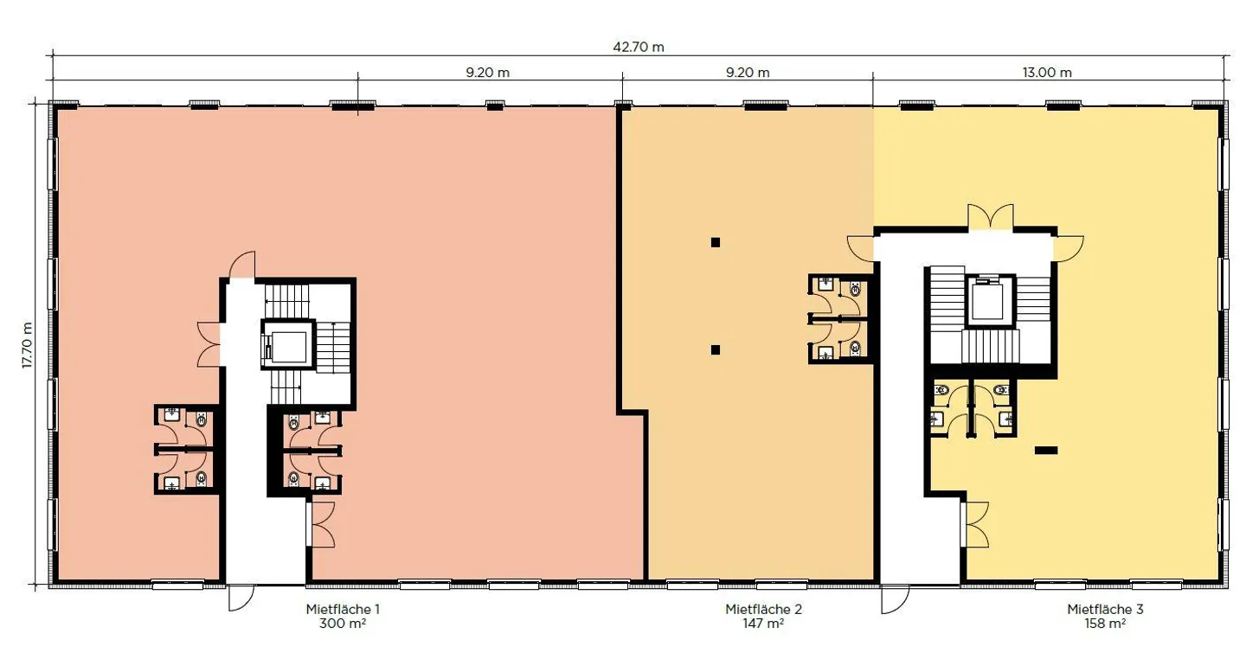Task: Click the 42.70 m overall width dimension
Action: coord(638,47)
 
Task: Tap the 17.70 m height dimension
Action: coord(28,344)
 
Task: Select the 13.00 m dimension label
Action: coord(1047,73)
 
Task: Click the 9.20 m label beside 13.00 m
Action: coord(748,73)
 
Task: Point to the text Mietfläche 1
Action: coord(343,609)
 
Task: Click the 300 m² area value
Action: coord(343,624)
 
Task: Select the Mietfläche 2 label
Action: coord(763,609)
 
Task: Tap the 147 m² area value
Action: coord(763,624)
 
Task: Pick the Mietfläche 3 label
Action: coord(1105,609)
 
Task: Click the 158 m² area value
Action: coord(1105,624)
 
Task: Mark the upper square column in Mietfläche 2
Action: coord(716,242)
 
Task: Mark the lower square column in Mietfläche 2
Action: coord(716,349)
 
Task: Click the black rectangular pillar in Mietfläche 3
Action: coord(1046,451)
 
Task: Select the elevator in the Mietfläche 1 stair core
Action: coord(287,345)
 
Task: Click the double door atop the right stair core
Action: coord(990,217)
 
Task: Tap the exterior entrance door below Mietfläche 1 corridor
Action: coord(241,598)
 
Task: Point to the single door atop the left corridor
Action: coord(242,265)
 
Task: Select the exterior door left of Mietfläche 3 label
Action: coord(895,599)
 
